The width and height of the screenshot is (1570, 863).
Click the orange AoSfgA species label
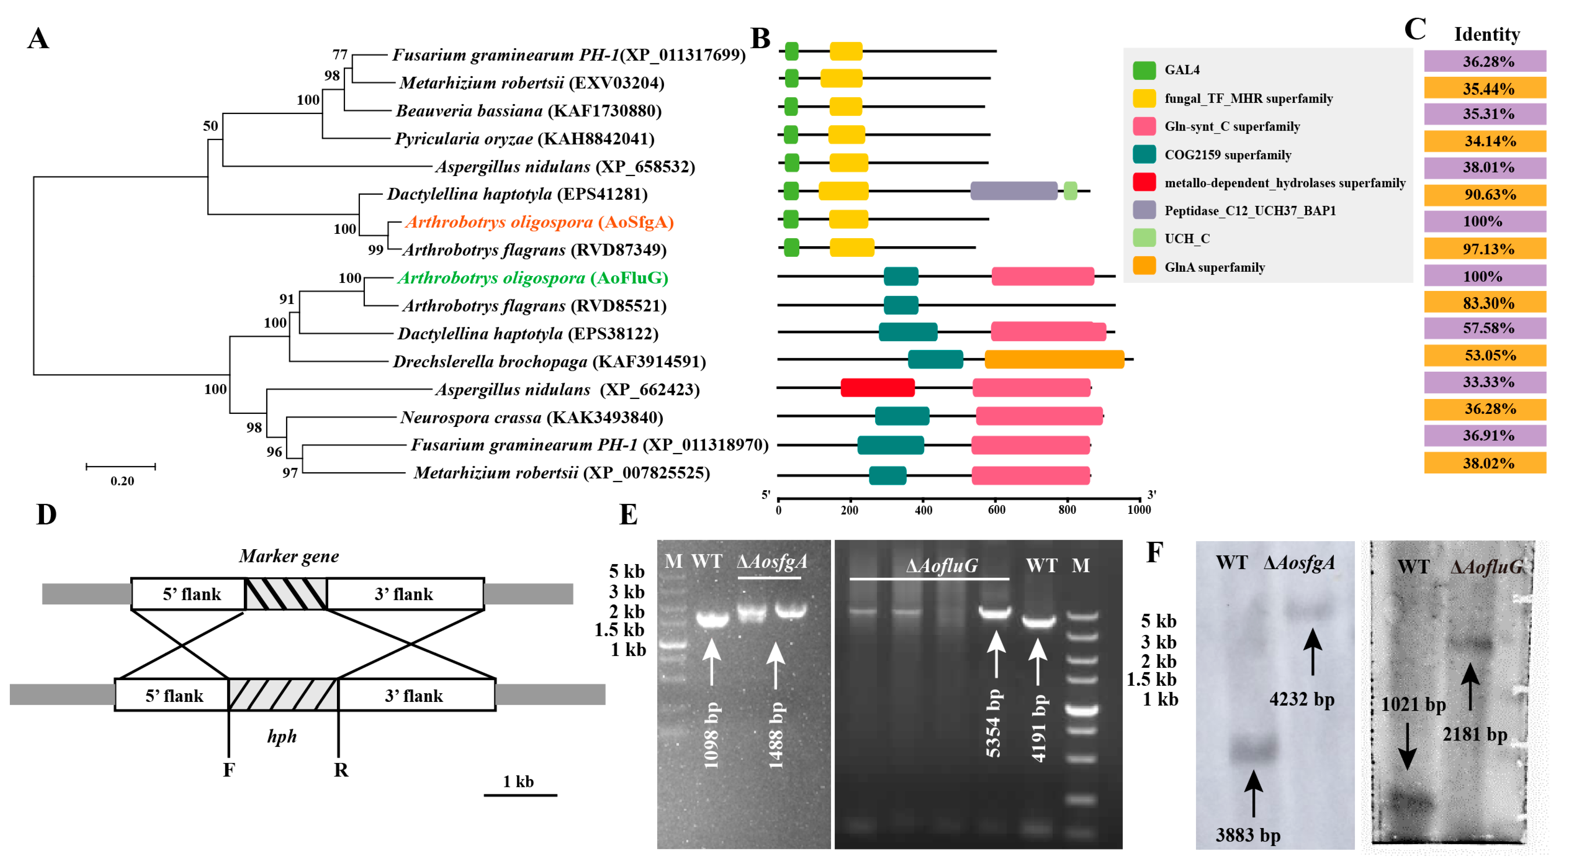click(539, 222)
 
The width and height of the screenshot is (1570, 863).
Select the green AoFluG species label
click(533, 278)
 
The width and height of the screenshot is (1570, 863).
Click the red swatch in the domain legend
click(1144, 182)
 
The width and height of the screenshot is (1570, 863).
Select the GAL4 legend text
click(1182, 69)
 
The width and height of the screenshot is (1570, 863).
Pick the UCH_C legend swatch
click(1144, 238)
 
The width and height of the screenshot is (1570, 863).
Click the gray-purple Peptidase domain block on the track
click(1014, 191)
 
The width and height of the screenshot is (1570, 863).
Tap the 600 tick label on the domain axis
click(996, 510)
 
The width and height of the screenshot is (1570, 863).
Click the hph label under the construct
click(282, 736)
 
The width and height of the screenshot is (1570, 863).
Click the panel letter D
click(46, 515)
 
